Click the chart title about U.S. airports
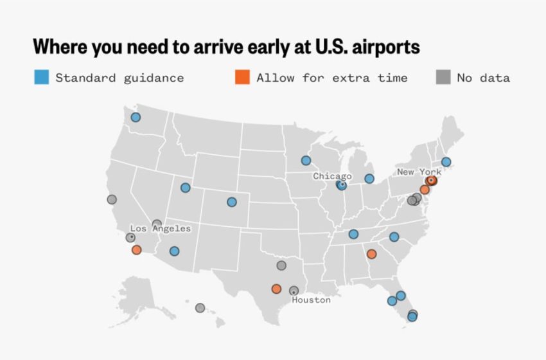pos(226,48)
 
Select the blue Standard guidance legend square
pos(41,78)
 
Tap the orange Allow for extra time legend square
pos(242,78)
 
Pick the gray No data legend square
pos(443,78)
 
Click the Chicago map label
pos(332,176)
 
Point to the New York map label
pos(419,172)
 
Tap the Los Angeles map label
pos(160,228)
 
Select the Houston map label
pos(311,300)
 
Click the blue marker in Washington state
pos(136,117)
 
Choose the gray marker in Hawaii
pos(200,308)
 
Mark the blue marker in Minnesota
pos(306,161)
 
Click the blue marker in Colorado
pos(231,202)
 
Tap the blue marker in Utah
pos(185,188)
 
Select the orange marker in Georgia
pos(371,254)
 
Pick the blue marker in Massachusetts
pos(446,162)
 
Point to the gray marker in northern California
pos(112,199)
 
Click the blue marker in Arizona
pos(174,251)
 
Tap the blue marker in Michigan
pos(369,179)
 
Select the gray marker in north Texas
pos(281,265)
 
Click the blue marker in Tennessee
pos(353,234)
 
